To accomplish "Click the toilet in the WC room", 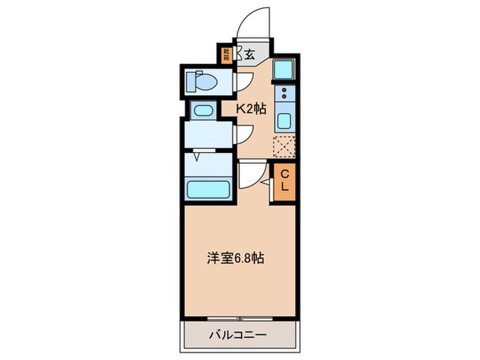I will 204,82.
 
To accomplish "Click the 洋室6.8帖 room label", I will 236,259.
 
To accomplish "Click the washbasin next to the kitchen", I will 202,110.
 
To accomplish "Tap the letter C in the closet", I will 285,174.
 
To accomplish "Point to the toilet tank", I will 192,82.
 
